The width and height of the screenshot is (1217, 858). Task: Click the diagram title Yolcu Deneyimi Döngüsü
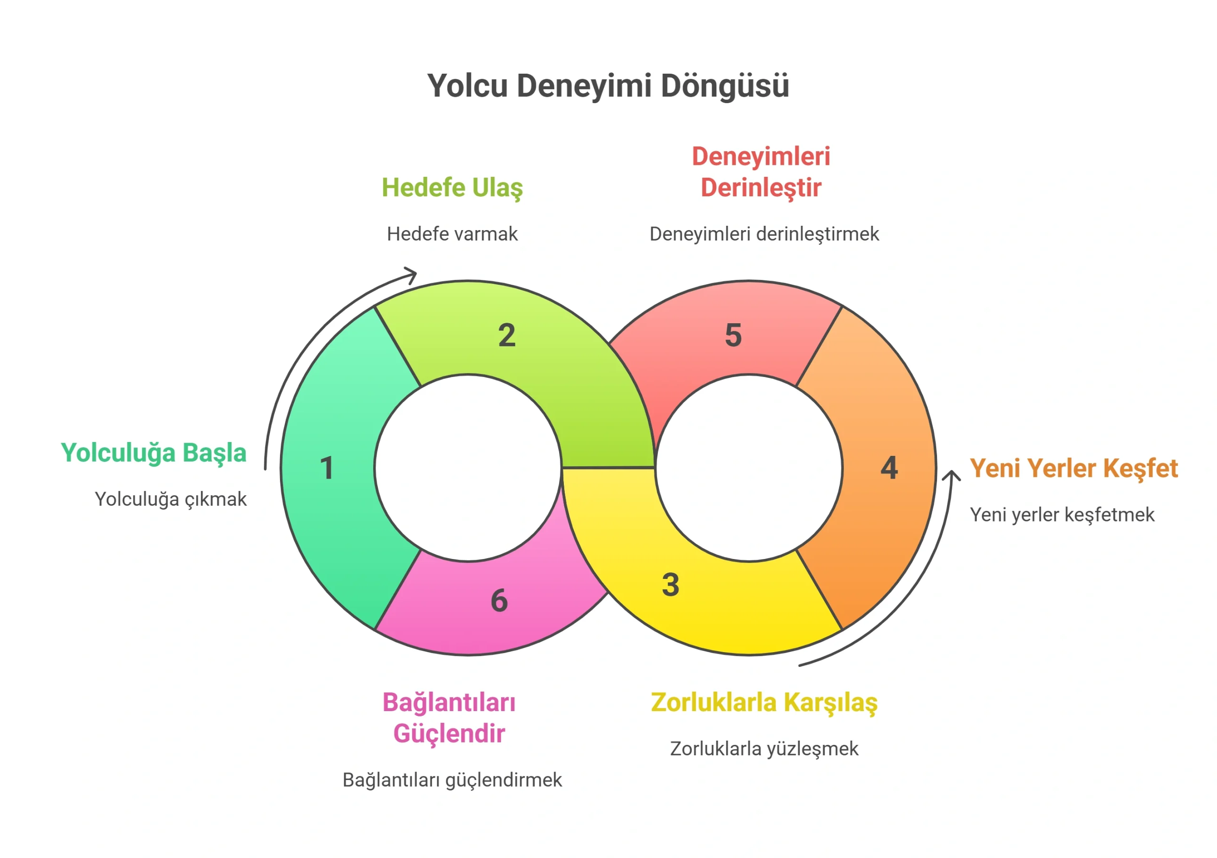(x=608, y=86)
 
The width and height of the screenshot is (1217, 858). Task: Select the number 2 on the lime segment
(x=507, y=336)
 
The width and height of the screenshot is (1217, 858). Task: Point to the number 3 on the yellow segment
(x=670, y=585)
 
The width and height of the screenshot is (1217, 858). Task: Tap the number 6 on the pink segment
(x=499, y=600)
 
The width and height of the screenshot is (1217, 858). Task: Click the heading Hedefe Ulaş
(x=452, y=188)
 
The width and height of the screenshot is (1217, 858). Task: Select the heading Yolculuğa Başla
(x=154, y=453)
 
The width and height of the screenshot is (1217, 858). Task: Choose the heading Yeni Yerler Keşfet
(x=1074, y=469)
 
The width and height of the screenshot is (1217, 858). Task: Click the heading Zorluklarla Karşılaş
(x=764, y=703)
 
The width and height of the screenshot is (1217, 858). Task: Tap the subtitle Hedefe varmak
(x=452, y=234)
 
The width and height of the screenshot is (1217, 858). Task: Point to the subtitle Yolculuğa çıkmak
(x=171, y=499)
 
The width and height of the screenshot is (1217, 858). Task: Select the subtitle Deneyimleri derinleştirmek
(x=764, y=234)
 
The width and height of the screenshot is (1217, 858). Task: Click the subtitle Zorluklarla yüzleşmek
(x=764, y=749)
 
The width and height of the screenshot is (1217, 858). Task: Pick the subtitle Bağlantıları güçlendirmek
(x=452, y=780)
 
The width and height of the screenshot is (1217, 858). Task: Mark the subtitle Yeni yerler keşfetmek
(x=1062, y=515)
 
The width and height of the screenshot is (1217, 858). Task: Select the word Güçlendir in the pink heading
(x=449, y=734)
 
